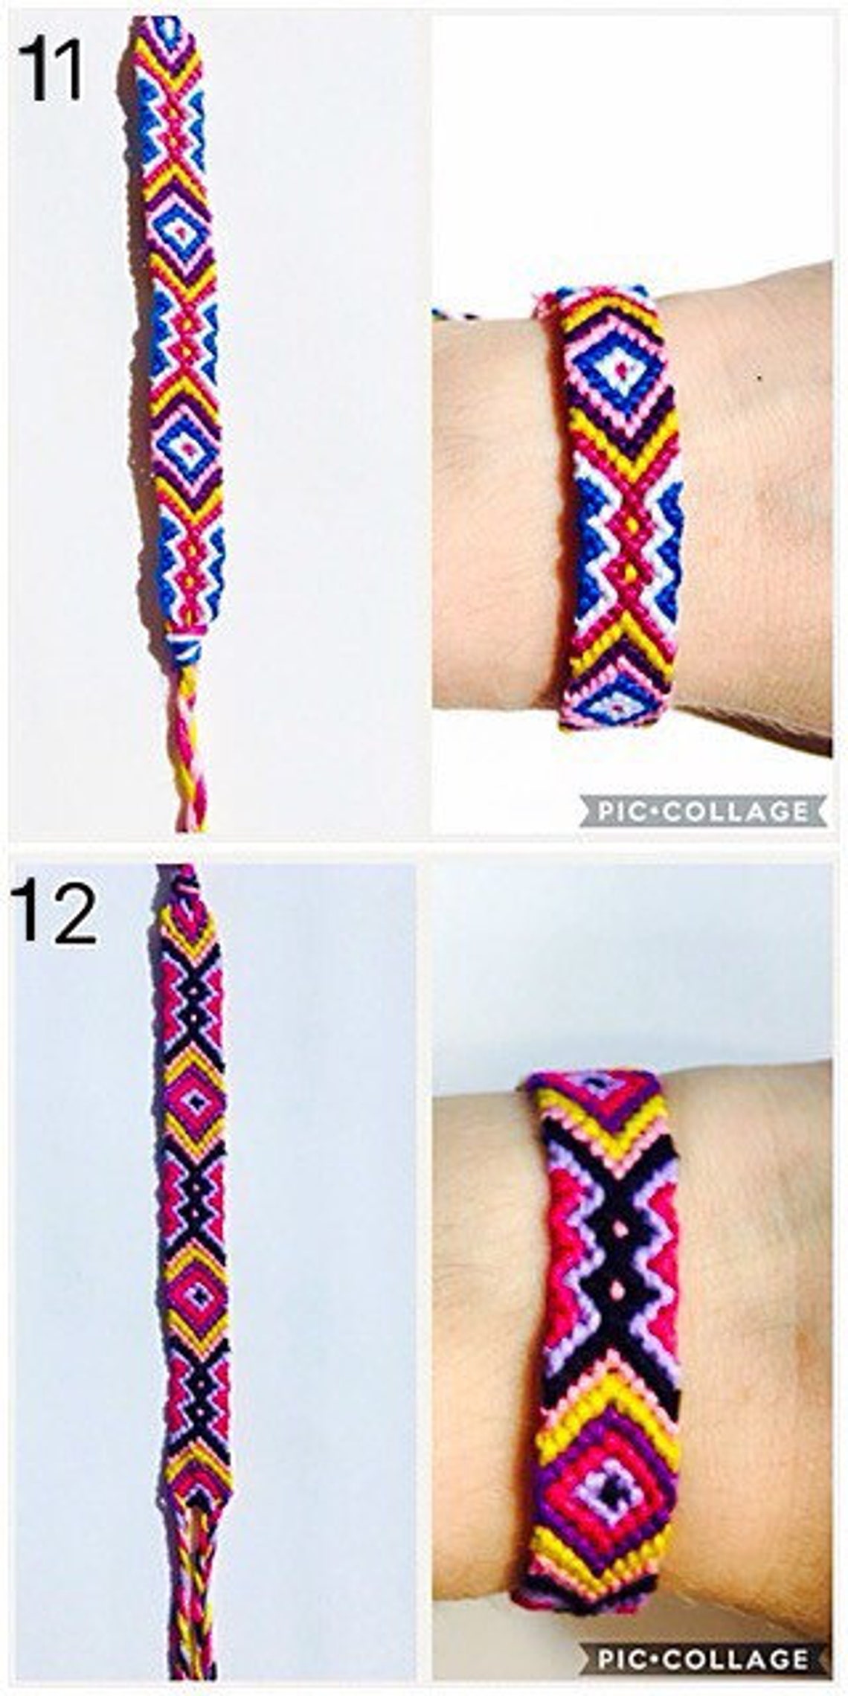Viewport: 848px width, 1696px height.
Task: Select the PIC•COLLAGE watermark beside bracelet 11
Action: point(704,810)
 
